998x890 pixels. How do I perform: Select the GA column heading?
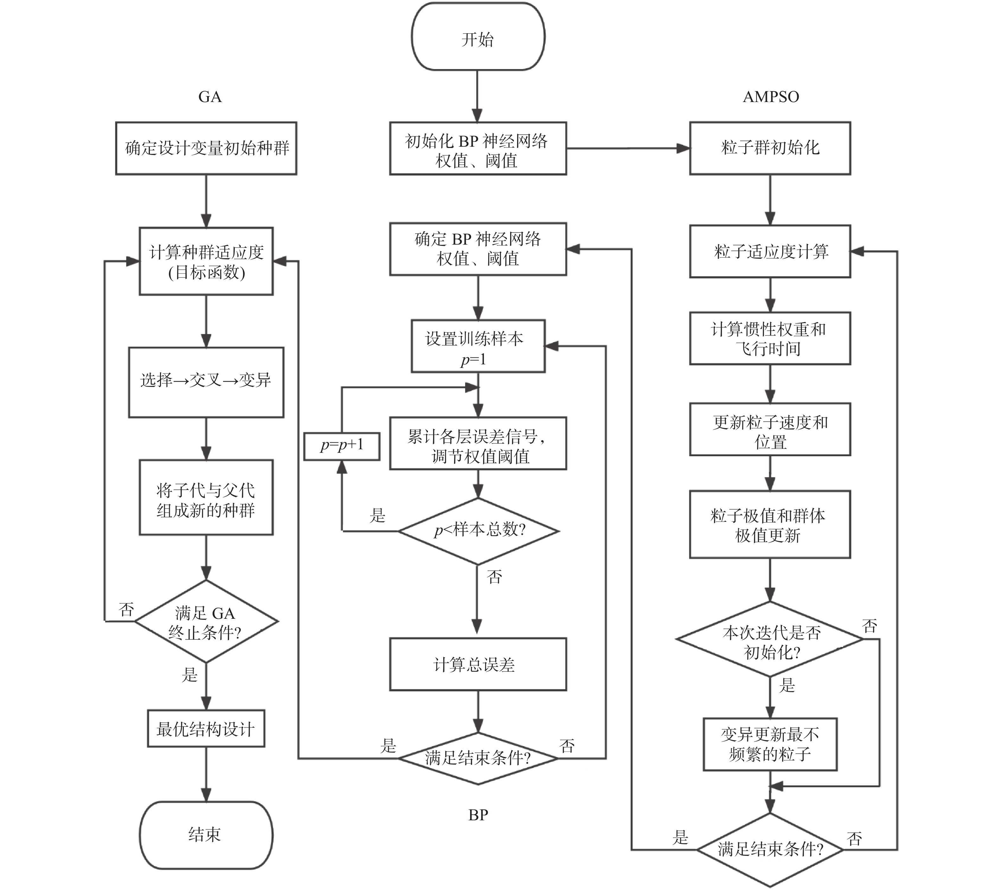(x=210, y=97)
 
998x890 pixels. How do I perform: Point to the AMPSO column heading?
(x=771, y=97)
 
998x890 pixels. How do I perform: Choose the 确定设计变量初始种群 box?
(x=206, y=148)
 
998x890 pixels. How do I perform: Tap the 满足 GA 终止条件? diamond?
(x=206, y=622)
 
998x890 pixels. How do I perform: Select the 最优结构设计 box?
(x=206, y=729)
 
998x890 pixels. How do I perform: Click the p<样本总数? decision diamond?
(x=478, y=531)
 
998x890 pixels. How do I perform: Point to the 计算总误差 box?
(x=478, y=664)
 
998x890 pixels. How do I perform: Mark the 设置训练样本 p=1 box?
(x=478, y=346)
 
